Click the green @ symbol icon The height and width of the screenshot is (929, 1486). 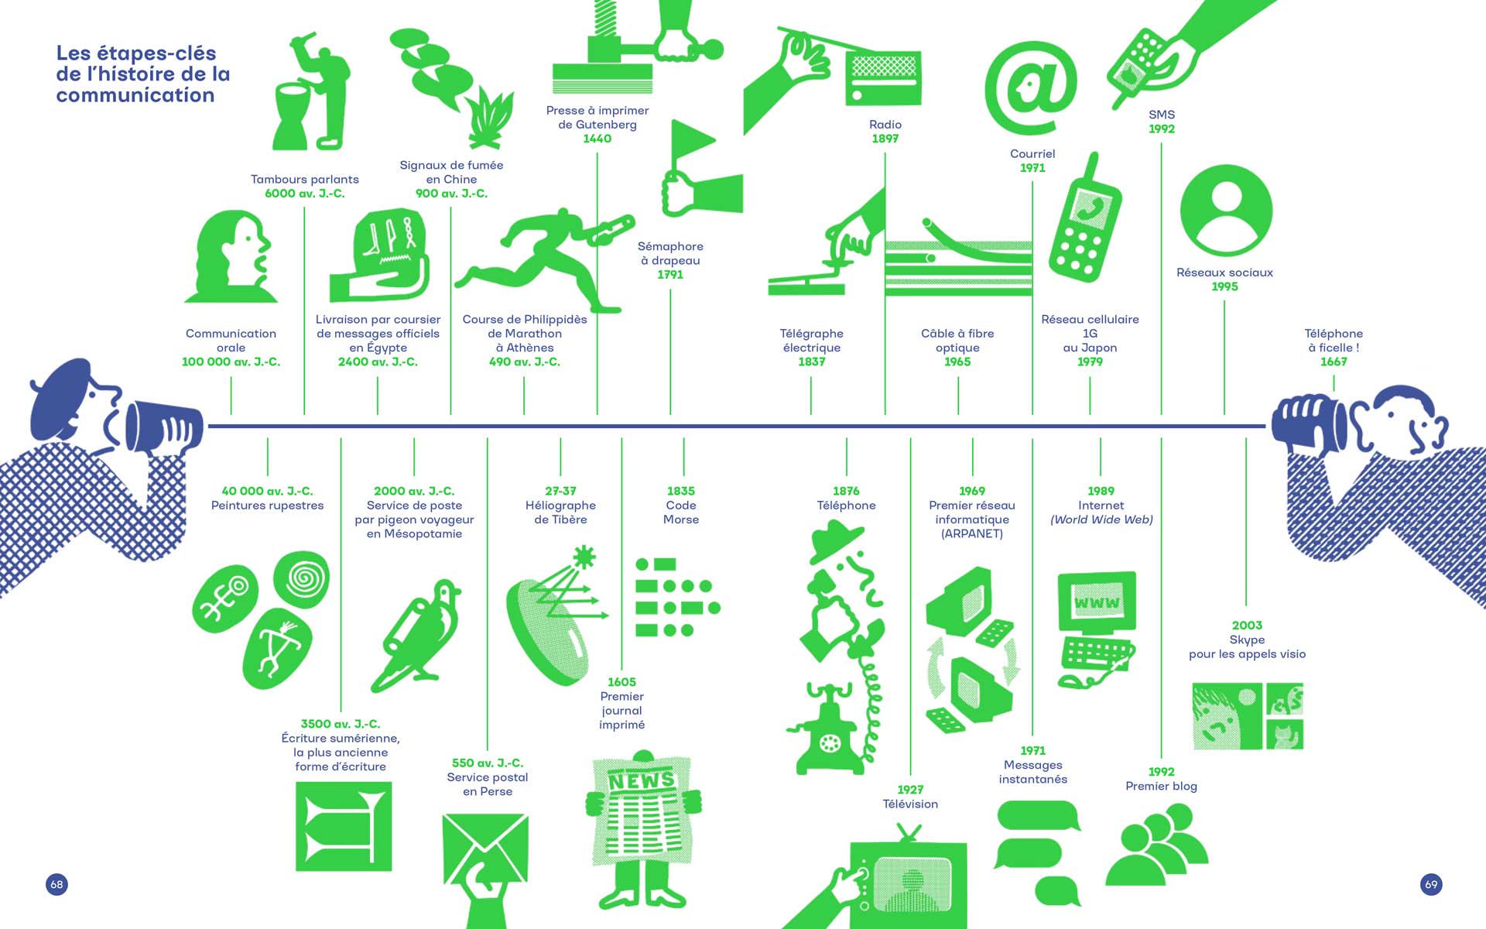click(x=1031, y=87)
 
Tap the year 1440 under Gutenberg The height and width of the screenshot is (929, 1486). click(x=597, y=139)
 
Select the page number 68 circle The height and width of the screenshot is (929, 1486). click(x=56, y=884)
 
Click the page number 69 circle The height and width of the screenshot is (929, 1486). click(x=1431, y=884)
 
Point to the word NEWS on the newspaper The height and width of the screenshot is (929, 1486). click(x=642, y=780)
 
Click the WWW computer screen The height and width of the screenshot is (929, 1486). click(x=1097, y=602)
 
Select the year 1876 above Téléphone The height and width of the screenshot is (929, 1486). click(x=846, y=491)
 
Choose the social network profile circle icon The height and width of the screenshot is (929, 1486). click(x=1226, y=210)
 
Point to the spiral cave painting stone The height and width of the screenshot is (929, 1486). click(x=302, y=578)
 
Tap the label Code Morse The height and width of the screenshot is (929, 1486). click(x=681, y=512)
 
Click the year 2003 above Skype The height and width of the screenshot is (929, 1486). click(x=1247, y=625)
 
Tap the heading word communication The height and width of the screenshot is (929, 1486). click(x=135, y=95)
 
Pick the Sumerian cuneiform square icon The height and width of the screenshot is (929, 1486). click(x=344, y=825)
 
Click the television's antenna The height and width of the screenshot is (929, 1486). click(x=909, y=833)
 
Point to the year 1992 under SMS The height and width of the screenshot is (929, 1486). click(x=1161, y=129)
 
